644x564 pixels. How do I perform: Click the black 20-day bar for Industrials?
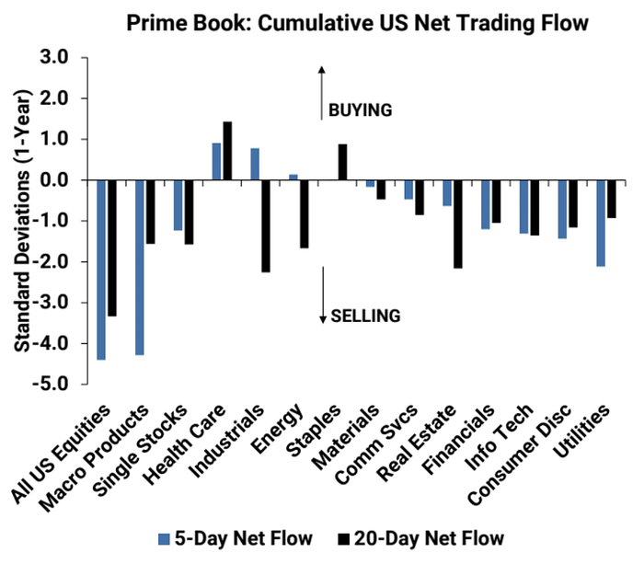tap(266, 225)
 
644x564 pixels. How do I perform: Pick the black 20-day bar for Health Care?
tap(227, 151)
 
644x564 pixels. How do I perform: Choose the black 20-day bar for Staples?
tap(342, 162)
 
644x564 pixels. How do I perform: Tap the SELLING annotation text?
tap(366, 316)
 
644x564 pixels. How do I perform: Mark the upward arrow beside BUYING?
tap(322, 92)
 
